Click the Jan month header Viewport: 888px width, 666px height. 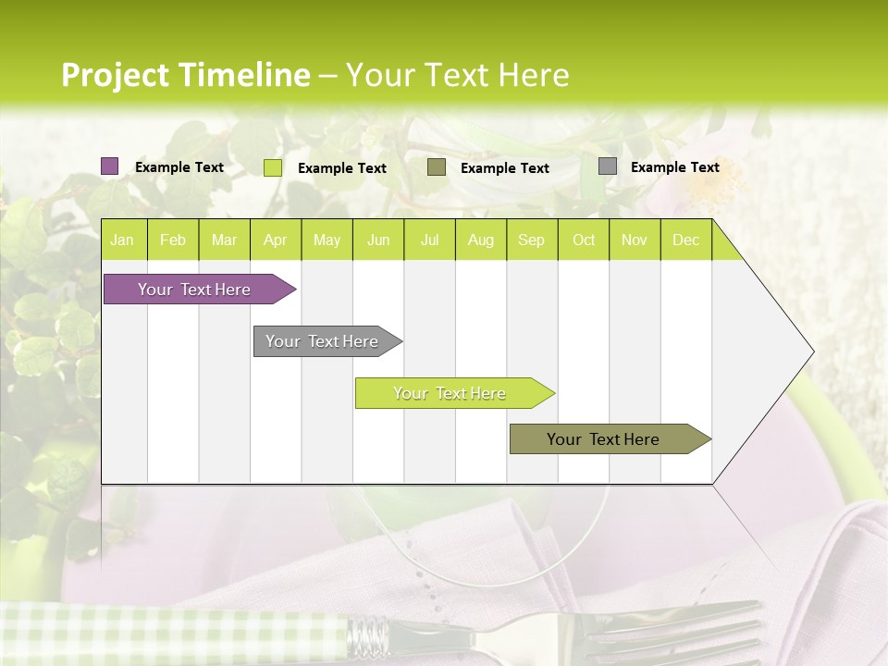(122, 240)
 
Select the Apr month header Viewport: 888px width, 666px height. (276, 240)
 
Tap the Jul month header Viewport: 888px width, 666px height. (429, 240)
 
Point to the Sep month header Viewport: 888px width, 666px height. (531, 240)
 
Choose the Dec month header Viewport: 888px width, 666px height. (685, 240)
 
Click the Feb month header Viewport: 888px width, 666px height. (173, 240)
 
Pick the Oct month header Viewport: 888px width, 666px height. (584, 240)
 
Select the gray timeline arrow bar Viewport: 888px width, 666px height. (323, 341)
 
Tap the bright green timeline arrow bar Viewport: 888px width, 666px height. (450, 393)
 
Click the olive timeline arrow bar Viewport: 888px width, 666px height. (604, 439)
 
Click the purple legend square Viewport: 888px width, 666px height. (110, 166)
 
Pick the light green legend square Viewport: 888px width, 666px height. (273, 167)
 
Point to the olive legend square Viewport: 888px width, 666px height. (437, 167)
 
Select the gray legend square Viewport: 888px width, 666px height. (608, 166)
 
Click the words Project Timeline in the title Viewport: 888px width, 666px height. (185, 75)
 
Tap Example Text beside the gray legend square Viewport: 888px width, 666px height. (674, 167)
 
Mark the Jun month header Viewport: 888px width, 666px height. (378, 240)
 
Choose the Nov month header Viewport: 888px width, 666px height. (635, 240)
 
